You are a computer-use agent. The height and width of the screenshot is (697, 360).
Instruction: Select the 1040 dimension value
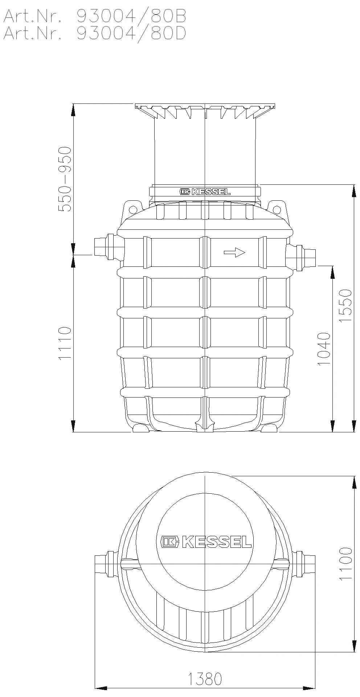tap(324, 348)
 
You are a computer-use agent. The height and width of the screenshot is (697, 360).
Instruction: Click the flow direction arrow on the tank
tap(234, 252)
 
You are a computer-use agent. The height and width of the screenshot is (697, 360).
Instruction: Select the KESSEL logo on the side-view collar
tap(205, 191)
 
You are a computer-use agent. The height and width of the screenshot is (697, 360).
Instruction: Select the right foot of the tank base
tap(269, 428)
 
